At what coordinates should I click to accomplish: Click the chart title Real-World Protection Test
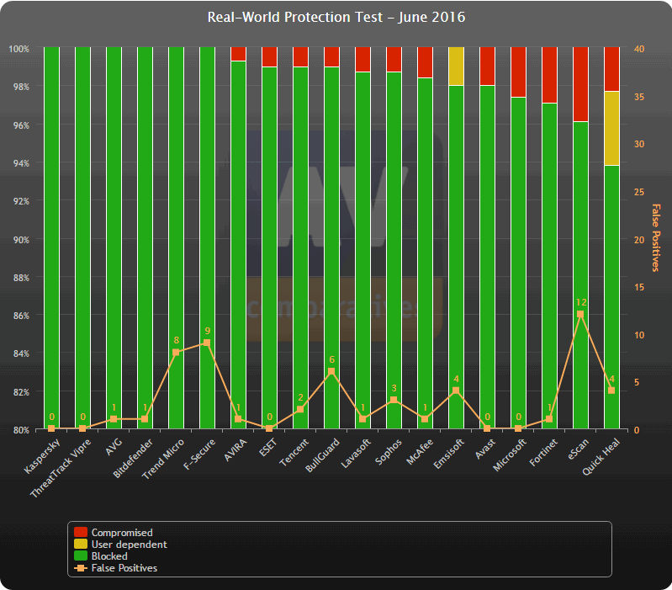pos(336,18)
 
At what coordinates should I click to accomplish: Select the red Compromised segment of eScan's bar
pos(580,84)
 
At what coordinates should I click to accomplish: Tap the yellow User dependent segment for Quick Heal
pos(611,128)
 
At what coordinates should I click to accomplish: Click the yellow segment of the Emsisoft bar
pos(456,66)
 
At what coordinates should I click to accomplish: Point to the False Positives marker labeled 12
pos(580,314)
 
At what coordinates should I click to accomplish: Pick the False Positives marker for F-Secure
pos(207,343)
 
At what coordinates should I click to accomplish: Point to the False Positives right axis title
pos(656,238)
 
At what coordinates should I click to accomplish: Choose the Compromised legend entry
pos(122,533)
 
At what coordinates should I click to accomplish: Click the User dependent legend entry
pos(129,545)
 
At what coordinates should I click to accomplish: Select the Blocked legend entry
pos(109,556)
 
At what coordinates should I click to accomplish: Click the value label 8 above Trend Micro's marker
pos(176,341)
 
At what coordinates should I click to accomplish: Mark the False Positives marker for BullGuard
pos(331,371)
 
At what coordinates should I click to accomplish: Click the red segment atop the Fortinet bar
pos(549,75)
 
